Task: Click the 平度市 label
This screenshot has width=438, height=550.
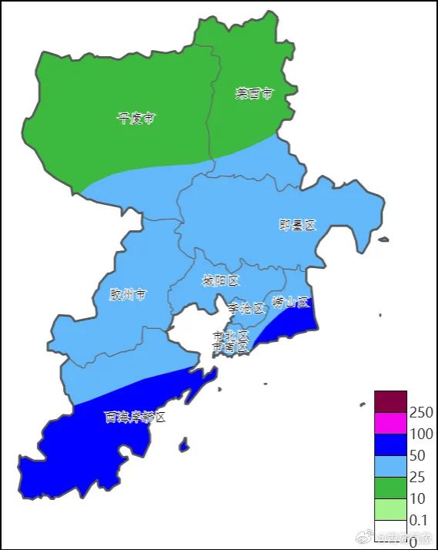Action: coord(135,119)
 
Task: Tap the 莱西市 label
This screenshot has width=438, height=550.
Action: coord(253,94)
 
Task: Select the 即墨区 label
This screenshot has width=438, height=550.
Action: coord(297,225)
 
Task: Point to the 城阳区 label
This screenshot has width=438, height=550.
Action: coord(221,280)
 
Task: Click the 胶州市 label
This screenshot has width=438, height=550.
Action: coord(127,294)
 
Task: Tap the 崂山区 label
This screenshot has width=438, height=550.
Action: coord(290,302)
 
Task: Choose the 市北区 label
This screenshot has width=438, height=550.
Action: coord(231,336)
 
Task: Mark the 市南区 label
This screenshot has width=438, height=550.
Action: coord(231,347)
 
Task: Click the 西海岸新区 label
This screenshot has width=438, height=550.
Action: coord(135,417)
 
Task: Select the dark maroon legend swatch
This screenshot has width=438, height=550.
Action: coord(390,401)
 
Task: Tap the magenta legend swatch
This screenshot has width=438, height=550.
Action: coord(390,424)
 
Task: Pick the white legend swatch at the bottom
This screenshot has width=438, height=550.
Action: coord(390,532)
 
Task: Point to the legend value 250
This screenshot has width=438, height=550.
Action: coord(422,413)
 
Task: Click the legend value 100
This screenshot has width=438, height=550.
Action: coord(422,434)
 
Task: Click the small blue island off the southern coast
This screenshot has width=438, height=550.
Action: coord(184,445)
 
